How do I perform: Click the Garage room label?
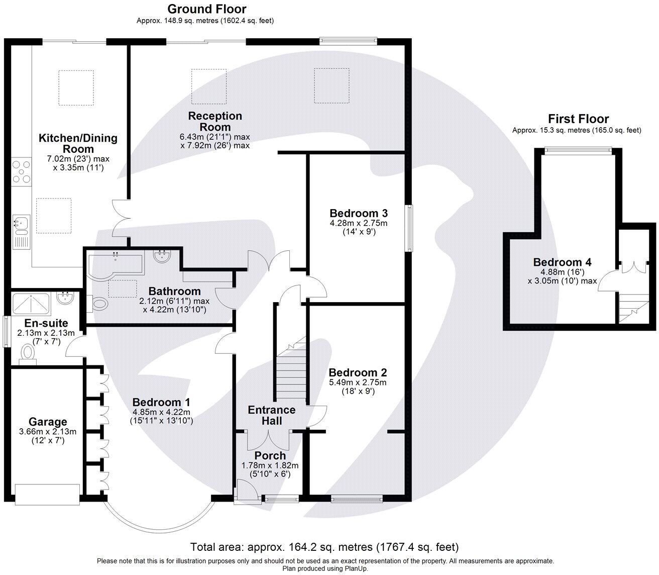[48, 422]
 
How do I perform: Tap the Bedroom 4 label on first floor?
[562, 262]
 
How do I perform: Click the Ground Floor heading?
[206, 9]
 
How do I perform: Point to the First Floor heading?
[578, 119]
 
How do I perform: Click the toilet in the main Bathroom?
[99, 304]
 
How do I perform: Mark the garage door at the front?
[47, 494]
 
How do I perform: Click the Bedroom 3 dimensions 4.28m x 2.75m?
[359, 223]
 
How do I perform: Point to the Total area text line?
[324, 546]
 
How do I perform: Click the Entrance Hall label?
[272, 415]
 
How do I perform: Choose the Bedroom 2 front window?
[357, 499]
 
